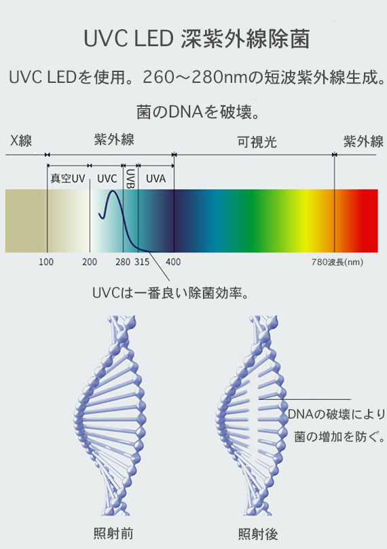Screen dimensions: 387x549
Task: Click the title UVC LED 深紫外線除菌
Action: (x=197, y=38)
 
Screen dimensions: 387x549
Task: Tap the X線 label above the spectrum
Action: (x=21, y=141)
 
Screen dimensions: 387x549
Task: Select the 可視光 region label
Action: (x=257, y=142)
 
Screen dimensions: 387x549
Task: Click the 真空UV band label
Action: (x=68, y=179)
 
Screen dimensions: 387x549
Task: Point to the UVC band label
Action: (x=107, y=179)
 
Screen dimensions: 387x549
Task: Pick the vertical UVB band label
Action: (x=130, y=179)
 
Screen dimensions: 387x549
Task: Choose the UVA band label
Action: (x=155, y=179)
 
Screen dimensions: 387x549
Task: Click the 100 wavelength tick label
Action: (x=46, y=262)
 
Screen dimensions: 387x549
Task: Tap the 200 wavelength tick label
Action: (x=90, y=262)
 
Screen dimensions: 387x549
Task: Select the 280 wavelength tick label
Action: (x=123, y=262)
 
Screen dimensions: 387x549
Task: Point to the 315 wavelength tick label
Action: (x=142, y=262)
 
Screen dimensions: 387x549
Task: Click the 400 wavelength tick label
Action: (x=173, y=262)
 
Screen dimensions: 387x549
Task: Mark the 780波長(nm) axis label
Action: (x=337, y=262)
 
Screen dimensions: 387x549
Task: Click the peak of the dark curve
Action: (x=113, y=191)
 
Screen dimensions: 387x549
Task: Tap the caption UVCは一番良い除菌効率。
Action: (x=171, y=293)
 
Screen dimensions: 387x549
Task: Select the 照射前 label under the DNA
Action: (x=113, y=533)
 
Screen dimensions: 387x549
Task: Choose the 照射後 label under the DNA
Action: (x=258, y=534)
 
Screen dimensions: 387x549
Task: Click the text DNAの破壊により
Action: (x=336, y=414)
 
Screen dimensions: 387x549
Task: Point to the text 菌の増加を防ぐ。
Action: (x=339, y=437)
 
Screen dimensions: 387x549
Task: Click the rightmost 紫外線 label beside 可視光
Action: (x=363, y=142)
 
